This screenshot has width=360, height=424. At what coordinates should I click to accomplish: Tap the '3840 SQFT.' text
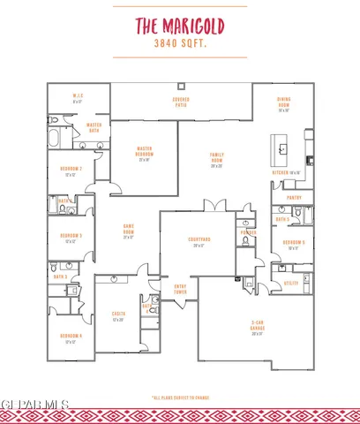181,42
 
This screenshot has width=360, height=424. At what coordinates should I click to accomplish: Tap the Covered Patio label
181,102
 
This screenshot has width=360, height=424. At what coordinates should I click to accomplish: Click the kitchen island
285,145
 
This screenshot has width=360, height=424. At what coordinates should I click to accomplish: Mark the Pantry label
294,199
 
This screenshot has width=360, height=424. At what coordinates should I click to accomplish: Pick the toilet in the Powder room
244,240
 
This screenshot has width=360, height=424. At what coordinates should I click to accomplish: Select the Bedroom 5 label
294,244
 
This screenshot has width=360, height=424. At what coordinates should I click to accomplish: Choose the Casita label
119,315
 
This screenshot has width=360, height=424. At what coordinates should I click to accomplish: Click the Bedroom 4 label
71,338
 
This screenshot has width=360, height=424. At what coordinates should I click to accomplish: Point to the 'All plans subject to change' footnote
180,397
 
